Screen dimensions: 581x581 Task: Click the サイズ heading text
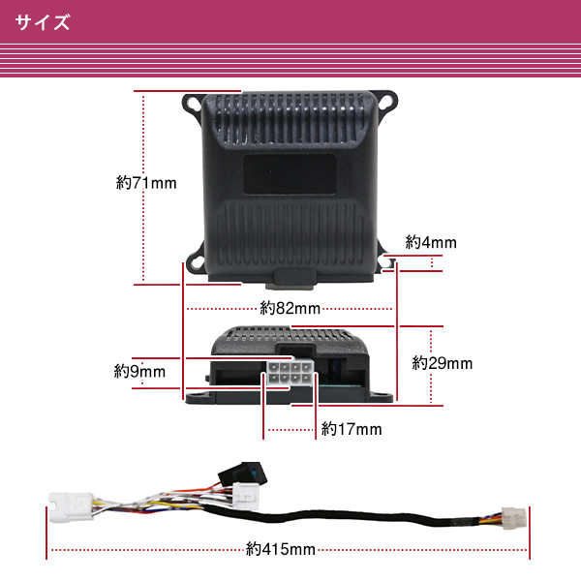[43, 22]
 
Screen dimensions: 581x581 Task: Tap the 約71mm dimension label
[146, 183]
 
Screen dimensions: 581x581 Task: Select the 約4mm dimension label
[431, 242]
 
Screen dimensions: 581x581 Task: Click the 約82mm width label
[290, 308]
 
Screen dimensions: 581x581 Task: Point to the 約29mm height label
[443, 363]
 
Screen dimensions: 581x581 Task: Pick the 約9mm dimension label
[139, 371]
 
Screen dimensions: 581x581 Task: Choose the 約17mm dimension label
[352, 429]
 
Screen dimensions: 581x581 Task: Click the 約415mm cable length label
[281, 549]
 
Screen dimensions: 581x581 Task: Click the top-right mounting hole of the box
[386, 101]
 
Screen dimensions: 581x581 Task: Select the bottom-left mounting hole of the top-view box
[196, 261]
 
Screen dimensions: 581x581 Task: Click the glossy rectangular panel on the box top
[290, 174]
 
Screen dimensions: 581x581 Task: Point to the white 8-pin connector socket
[290, 374]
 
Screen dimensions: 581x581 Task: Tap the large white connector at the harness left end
[71, 506]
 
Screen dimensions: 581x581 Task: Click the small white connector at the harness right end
[514, 518]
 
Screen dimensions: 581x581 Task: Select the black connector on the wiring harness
[243, 474]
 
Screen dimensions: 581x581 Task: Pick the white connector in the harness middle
[246, 495]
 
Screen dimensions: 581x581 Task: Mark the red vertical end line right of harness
[530, 533]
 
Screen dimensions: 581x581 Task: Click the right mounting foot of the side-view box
[381, 397]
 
